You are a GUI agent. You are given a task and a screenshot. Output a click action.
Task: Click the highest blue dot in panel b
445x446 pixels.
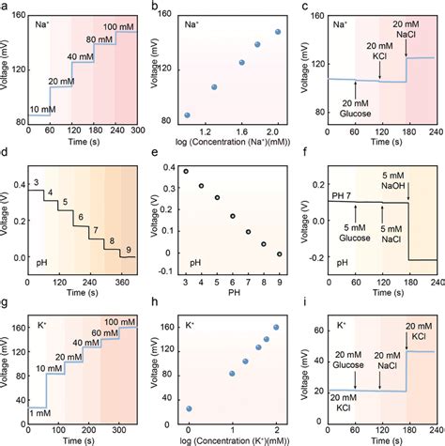pos(278,31)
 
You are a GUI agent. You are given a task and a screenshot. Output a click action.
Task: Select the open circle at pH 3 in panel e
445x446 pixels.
pos(186,172)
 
